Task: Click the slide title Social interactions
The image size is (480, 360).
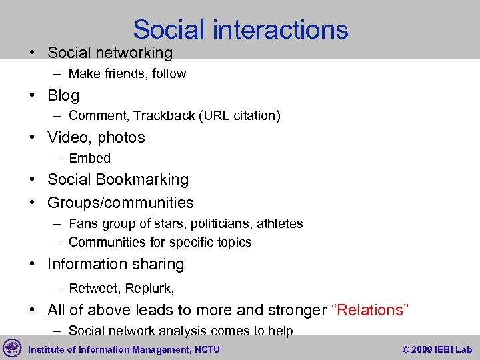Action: tap(240, 29)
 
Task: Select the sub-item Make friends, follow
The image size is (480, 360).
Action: tap(127, 74)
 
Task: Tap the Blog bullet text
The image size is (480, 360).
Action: tap(63, 95)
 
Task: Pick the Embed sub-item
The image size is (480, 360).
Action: tap(89, 159)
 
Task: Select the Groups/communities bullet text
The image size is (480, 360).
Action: tap(120, 203)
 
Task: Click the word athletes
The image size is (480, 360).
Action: tap(281, 224)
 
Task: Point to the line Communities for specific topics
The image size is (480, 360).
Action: tap(160, 243)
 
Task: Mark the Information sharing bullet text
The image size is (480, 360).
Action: tap(115, 265)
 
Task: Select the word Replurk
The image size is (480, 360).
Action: tap(148, 289)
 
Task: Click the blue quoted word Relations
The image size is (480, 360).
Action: tap(369, 311)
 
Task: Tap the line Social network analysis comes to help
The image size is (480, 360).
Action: tap(181, 331)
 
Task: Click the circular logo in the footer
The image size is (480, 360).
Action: tap(12, 348)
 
